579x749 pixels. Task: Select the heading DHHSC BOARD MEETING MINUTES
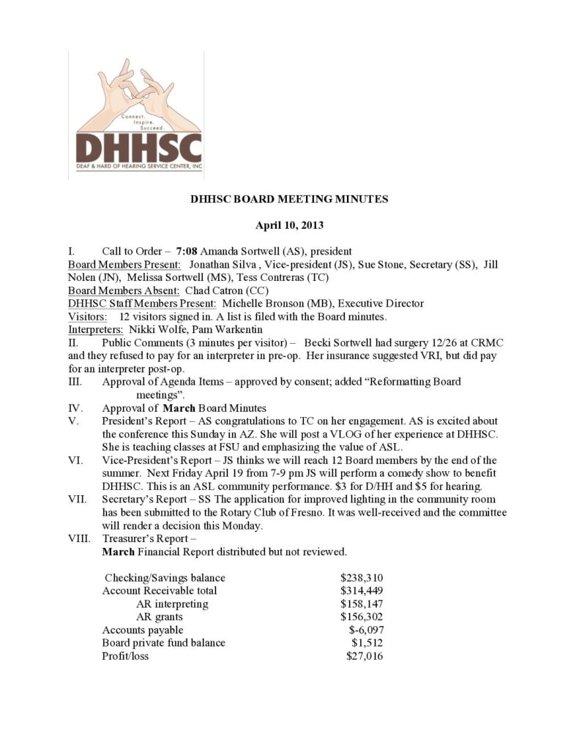point(289,198)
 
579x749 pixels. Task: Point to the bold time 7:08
point(188,252)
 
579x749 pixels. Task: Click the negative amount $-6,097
point(366,630)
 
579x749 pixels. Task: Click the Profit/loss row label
point(126,656)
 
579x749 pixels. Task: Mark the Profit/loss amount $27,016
point(365,656)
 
